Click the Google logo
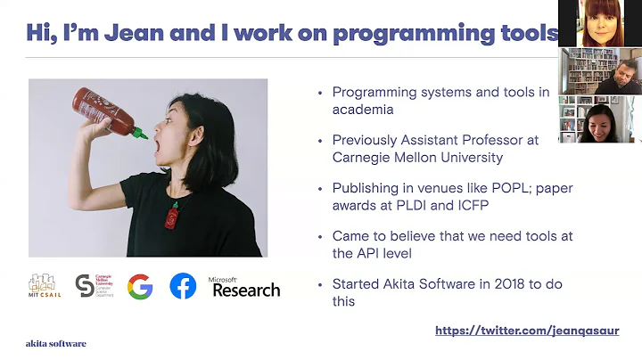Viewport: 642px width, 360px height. click(139, 286)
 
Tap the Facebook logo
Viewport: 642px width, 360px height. click(183, 286)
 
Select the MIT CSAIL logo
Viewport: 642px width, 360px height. click(44, 286)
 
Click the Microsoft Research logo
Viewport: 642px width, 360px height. click(244, 287)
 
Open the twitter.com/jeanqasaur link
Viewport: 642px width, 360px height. click(539, 331)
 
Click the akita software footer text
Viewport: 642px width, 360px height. click(55, 343)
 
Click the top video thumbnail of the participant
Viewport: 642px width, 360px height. click(600, 23)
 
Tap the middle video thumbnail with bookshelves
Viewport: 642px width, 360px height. click(600, 71)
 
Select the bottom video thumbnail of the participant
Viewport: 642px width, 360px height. click(600, 119)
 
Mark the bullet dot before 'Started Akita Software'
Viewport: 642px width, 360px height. click(320, 286)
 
